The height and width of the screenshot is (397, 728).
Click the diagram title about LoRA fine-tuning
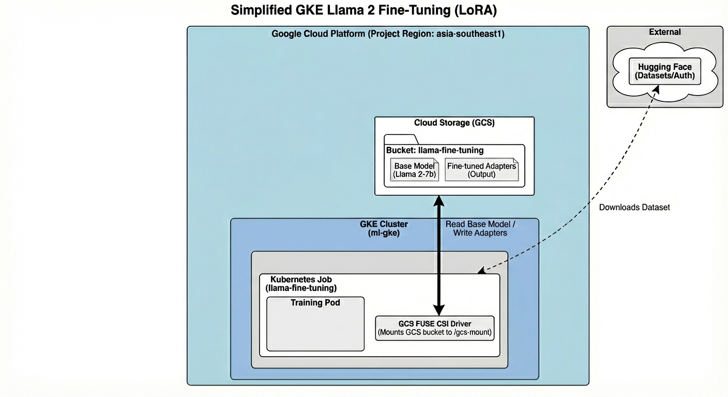[363, 10]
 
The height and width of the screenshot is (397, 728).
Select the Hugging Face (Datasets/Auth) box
[664, 72]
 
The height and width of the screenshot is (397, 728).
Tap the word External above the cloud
[664, 32]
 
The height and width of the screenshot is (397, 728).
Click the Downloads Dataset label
[634, 207]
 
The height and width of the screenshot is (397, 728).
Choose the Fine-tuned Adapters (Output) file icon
[481, 170]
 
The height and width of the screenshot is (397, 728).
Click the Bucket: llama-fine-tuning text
[435, 150]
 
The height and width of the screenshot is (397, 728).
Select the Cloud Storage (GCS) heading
[454, 123]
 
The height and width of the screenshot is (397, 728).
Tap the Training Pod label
[315, 302]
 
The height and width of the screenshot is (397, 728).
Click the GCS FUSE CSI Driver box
[434, 328]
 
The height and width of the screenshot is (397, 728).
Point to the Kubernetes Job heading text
[301, 280]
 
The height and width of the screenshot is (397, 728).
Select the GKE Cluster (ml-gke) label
[384, 228]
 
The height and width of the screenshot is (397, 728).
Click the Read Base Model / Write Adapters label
[480, 228]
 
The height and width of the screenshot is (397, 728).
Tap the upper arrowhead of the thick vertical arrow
[439, 200]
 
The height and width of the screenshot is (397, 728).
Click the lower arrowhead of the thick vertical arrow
[439, 310]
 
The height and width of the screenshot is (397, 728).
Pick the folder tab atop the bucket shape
[401, 139]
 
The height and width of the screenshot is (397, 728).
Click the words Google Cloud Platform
[318, 34]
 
